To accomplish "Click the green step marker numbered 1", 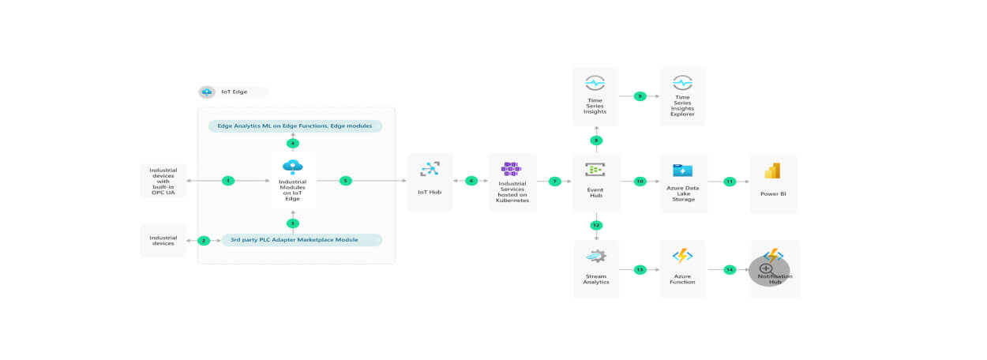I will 227,181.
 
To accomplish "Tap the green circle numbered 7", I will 554,181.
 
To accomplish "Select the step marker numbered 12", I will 596,225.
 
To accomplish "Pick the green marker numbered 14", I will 729,269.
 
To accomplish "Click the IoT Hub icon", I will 430,168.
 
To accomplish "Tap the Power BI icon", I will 772,171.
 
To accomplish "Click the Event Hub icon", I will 595,169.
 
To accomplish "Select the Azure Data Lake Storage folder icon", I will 682,170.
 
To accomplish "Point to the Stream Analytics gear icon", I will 595,256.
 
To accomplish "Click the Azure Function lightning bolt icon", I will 682,256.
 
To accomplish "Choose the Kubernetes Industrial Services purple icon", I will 512,167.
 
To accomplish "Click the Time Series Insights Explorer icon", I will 682,82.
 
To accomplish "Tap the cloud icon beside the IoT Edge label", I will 207,92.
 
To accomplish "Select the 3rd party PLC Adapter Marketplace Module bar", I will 302,240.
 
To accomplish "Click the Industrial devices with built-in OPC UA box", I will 163,181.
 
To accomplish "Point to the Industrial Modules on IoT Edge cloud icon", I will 293,167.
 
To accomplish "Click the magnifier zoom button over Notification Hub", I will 766,269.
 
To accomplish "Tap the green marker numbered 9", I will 640,96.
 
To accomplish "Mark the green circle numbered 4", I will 293,143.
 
